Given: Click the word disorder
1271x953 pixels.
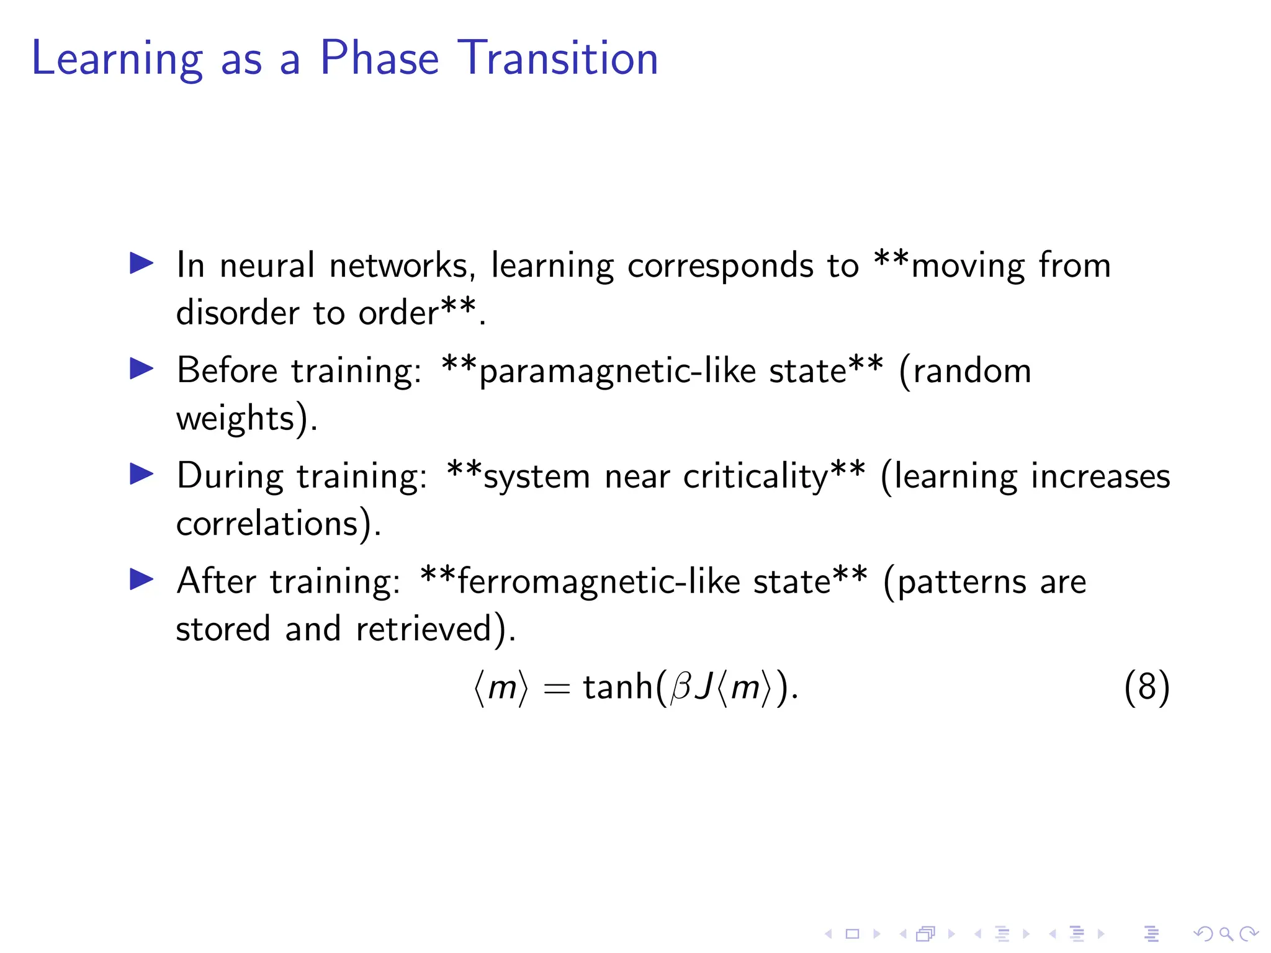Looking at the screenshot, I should (238, 312).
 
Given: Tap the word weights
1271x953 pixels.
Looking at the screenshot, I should (235, 419).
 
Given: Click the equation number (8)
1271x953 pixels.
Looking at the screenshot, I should (1146, 687).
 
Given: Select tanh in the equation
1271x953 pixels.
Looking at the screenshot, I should (618, 687).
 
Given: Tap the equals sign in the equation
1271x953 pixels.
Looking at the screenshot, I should (556, 689).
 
